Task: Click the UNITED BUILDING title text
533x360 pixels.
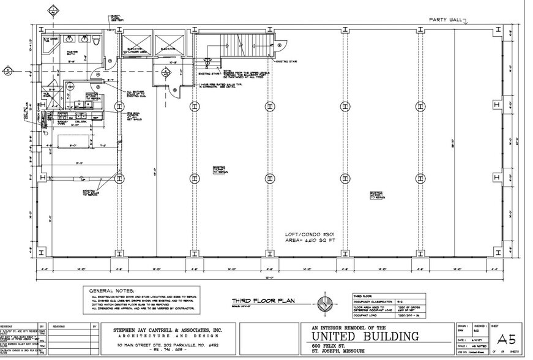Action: [x=365, y=336]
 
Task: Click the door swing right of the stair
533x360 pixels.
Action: [x=281, y=46]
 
